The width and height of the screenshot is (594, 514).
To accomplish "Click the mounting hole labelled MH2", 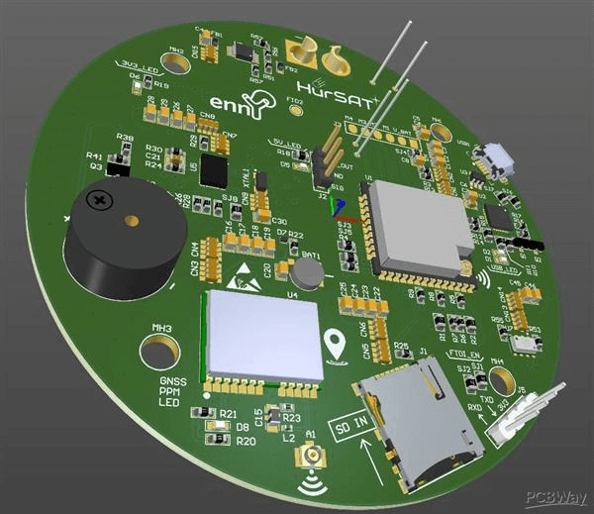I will (177, 62).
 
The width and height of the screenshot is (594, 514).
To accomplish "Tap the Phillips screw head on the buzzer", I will (99, 199).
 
